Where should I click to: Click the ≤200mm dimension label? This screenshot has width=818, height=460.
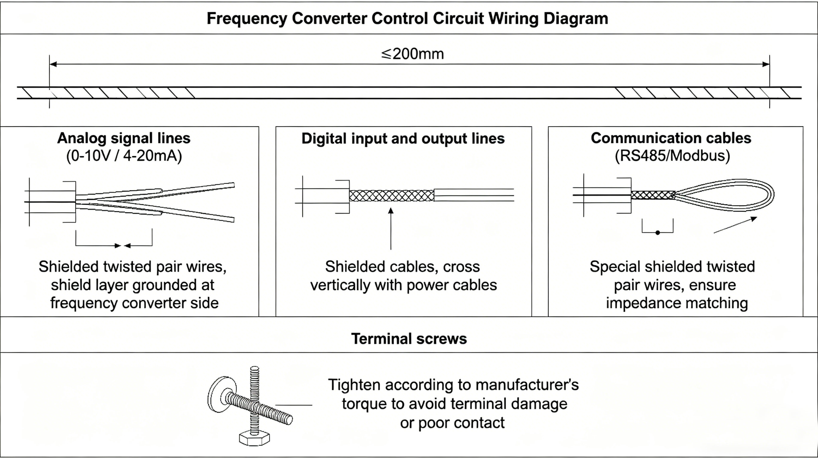click(x=412, y=54)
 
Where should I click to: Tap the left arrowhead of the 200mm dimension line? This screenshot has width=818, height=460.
click(x=53, y=64)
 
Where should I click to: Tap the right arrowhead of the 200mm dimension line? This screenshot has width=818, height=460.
click(x=766, y=64)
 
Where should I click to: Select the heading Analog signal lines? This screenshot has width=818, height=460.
click(x=124, y=138)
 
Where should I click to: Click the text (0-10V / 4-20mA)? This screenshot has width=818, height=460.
click(x=124, y=156)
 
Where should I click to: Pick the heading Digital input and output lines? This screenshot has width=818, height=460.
click(x=403, y=138)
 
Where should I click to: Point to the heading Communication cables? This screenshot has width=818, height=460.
click(x=671, y=138)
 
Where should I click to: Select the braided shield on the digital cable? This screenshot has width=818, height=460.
click(x=392, y=195)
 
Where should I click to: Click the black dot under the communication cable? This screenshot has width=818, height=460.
click(x=658, y=233)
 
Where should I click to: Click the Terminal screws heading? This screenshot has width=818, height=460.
click(x=409, y=339)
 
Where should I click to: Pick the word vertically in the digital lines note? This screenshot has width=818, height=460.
click(x=340, y=285)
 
